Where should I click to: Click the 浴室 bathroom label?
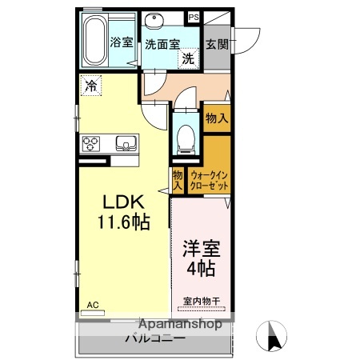(x=122, y=42)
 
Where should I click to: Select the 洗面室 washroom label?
(x=162, y=45)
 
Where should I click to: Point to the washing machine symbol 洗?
(x=186, y=58)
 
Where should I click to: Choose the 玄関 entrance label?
(x=215, y=45)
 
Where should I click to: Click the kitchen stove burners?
(x=91, y=144)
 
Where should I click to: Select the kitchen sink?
(x=126, y=144)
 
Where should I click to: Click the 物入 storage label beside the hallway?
(x=216, y=118)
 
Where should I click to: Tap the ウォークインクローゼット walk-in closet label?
(x=210, y=178)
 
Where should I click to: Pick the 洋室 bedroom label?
(x=201, y=249)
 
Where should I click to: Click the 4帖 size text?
(x=201, y=269)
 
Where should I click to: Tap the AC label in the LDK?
(x=92, y=305)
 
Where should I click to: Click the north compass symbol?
(x=273, y=334)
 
